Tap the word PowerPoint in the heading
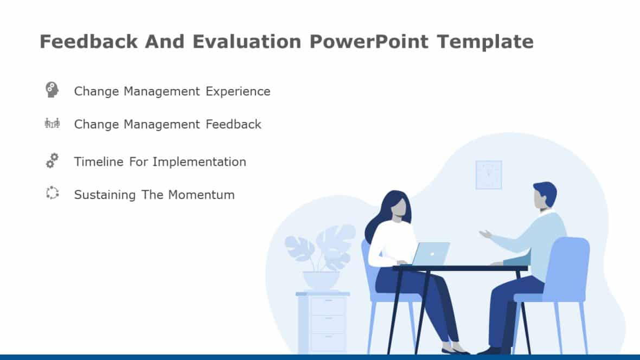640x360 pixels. click(369, 42)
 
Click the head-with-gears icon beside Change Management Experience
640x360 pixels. click(52, 90)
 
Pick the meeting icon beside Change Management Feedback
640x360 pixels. click(52, 124)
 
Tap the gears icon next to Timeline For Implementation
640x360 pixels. click(52, 160)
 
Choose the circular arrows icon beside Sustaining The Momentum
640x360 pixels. click(52, 193)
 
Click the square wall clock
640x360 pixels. click(489, 175)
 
